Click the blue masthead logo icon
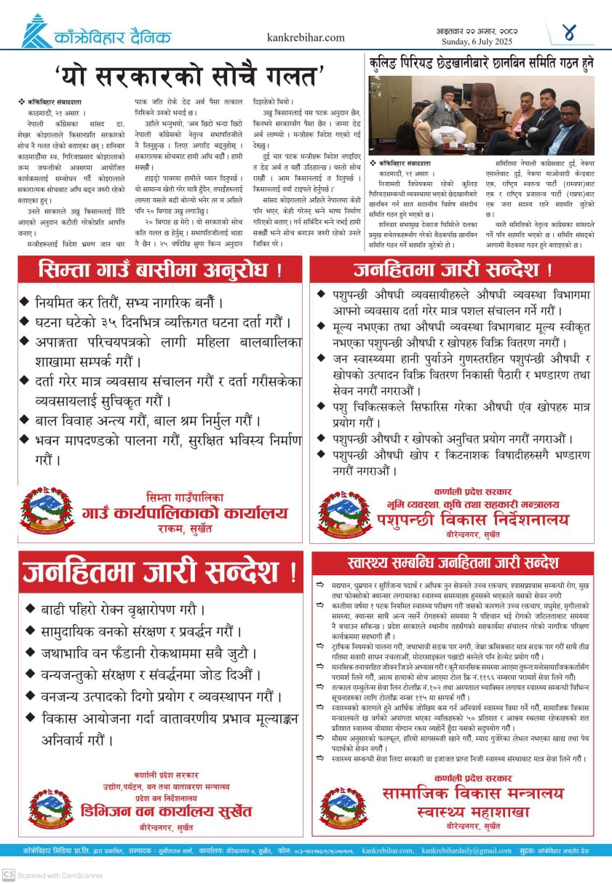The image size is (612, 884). click(x=37, y=31)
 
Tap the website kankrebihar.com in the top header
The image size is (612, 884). click(x=306, y=37)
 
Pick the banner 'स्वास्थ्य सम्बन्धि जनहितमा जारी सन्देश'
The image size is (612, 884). click(x=453, y=562)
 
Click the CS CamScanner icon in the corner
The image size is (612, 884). click(x=8, y=874)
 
